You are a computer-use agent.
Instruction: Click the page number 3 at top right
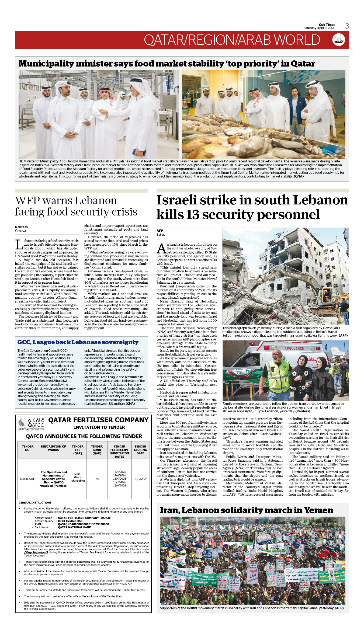coord(347,26)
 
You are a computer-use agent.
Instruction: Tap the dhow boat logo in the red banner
coord(339,40)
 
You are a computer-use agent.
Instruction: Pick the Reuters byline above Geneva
coord(21,227)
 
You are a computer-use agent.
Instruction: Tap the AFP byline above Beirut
coord(160,231)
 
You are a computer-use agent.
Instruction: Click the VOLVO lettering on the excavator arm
coord(294,276)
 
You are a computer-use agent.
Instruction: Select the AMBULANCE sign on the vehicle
coord(294,349)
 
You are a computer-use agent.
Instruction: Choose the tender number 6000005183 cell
coord(28,479)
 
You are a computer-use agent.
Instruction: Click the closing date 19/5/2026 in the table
coord(141,479)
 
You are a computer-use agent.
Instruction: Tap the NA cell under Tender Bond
coord(97,479)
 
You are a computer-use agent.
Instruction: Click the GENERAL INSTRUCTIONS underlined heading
coord(35,503)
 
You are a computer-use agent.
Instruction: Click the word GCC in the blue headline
coord(24,342)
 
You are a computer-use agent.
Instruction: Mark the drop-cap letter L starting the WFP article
coord(19,244)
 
